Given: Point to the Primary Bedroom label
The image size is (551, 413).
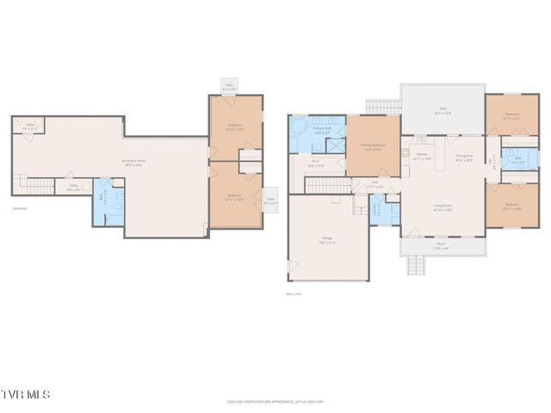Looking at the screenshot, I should (x=372, y=146).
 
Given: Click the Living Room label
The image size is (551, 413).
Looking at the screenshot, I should (x=443, y=207).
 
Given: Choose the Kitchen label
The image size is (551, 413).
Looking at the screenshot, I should (x=422, y=157).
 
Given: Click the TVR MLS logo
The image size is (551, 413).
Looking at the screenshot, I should (x=26, y=395).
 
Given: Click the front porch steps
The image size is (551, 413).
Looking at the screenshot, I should (x=416, y=264).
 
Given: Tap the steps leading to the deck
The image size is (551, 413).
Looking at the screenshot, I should (x=383, y=107).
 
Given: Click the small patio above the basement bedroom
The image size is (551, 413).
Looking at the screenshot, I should (x=229, y=87).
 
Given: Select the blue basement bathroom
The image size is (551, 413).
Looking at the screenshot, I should (x=108, y=203).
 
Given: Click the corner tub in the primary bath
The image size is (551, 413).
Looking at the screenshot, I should (x=298, y=126).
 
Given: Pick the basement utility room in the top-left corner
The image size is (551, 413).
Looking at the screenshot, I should (x=28, y=126).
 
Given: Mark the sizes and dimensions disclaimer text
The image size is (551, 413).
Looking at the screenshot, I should (x=275, y=401).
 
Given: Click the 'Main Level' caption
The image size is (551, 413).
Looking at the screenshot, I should (x=293, y=294).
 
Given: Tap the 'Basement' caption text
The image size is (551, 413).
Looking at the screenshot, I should (x=20, y=208).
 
